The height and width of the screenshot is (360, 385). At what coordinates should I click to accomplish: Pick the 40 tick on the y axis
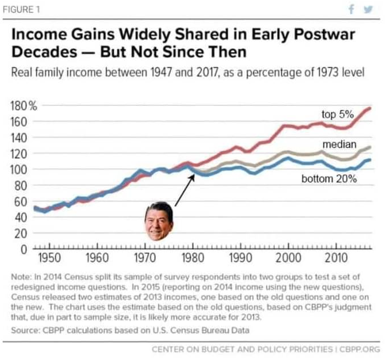pos(22,217)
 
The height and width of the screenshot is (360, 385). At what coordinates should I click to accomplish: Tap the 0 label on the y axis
pos(25,249)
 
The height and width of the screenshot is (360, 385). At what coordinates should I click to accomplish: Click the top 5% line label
pos(337,115)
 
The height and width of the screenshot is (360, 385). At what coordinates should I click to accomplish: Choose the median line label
pos(339,144)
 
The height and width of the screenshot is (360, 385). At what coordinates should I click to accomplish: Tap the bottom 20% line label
pos(329,179)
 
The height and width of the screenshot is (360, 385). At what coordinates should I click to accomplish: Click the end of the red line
pos(371,108)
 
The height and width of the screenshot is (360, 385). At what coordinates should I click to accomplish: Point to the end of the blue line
pos(371,159)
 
